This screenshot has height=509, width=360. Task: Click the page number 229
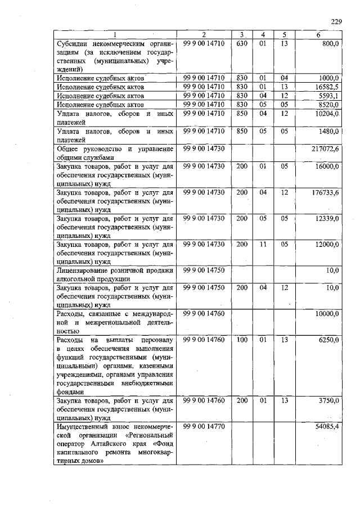coord(336,21)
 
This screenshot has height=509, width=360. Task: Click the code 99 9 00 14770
coord(204,427)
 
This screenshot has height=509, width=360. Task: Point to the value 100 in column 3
coord(242,340)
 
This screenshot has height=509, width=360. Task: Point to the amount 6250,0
coord(328,340)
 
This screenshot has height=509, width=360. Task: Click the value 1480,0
coord(328,132)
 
